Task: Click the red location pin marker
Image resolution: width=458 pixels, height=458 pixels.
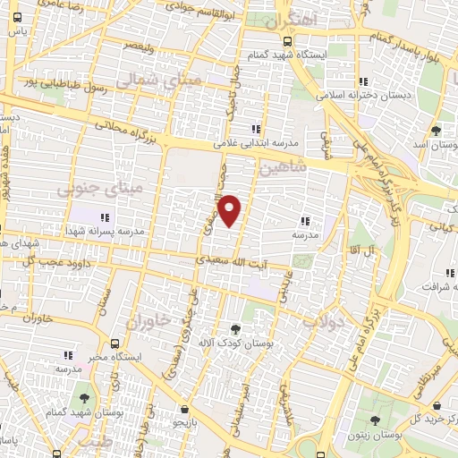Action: coord(230,211)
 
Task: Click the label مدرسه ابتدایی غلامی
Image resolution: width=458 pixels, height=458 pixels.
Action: coord(254,141)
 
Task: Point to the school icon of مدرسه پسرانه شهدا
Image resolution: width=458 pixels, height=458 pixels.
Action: coord(105,216)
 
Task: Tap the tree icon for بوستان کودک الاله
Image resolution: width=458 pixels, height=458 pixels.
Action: coord(235,329)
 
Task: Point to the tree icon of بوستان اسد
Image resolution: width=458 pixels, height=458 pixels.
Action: coord(436,131)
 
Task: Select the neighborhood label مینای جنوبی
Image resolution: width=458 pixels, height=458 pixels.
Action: coord(87,190)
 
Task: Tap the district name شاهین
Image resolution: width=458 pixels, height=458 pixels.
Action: coord(282,167)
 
